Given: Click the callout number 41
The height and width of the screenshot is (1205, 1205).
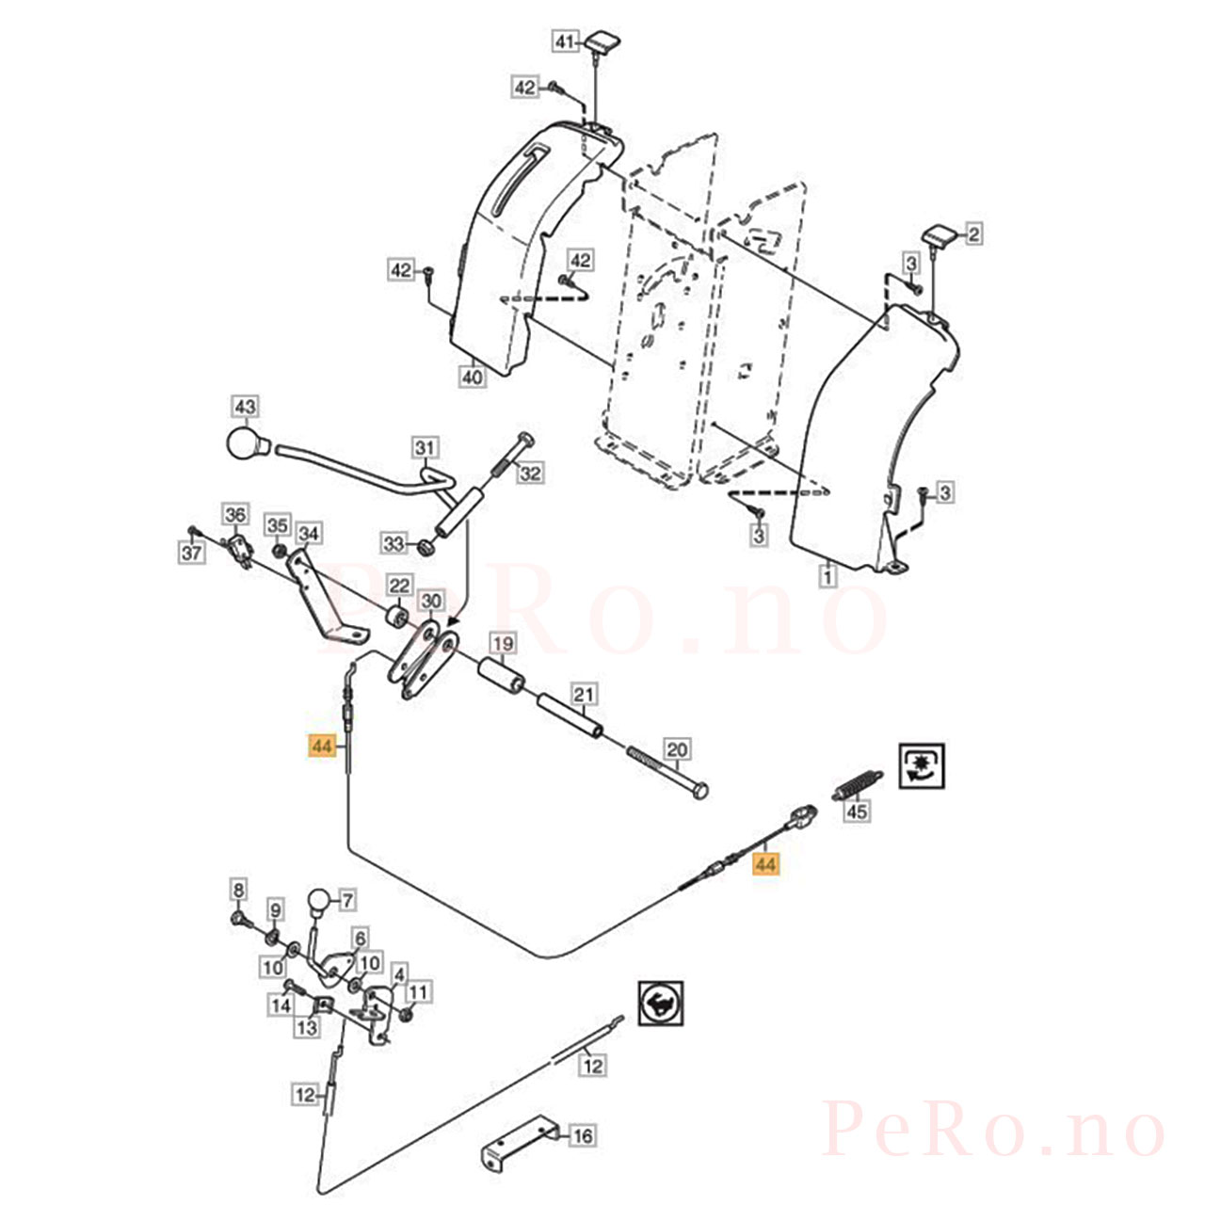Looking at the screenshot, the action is point(565,42).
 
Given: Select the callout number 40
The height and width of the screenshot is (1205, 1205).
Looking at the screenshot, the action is point(473,378).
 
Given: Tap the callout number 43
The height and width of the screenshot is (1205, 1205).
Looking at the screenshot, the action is point(245,407).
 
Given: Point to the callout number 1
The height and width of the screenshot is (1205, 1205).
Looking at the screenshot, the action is point(827,575).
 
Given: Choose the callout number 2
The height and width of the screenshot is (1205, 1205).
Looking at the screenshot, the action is point(974,234).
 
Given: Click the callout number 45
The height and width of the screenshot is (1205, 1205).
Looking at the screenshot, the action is point(857,811).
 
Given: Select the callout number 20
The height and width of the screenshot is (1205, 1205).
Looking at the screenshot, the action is point(678,749).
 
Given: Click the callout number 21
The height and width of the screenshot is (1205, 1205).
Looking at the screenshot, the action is point(584,694).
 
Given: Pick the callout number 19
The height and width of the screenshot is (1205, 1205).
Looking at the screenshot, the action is point(504,644).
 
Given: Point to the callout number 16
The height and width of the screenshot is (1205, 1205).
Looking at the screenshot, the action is point(583,1135).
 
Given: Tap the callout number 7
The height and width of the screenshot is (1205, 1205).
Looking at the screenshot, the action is point(347,901).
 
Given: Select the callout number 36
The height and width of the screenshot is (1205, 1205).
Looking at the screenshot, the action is point(235,515).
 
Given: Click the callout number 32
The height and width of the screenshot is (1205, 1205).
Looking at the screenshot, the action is point(530,474).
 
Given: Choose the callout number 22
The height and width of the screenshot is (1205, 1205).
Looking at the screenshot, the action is point(399,586).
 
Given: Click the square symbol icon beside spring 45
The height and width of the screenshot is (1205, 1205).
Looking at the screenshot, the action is point(922,766).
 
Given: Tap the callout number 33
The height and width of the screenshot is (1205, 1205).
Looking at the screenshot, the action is point(394,543).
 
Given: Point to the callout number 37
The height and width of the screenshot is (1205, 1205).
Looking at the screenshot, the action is point(192,553).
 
